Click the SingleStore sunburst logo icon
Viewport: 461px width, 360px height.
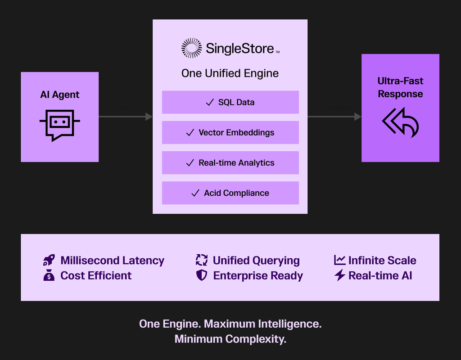pos(191,48)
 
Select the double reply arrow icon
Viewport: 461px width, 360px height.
pos(400,122)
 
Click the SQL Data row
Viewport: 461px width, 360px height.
pos(230,102)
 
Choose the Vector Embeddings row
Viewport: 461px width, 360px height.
pos(230,132)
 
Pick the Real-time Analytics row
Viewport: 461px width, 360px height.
pos(230,162)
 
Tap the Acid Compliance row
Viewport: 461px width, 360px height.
pos(230,193)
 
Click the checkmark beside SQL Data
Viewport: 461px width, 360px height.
pos(209,103)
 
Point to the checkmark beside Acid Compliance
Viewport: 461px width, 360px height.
pos(195,193)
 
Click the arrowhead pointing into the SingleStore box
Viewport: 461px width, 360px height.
pos(149,117)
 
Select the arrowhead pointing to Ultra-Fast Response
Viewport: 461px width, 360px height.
pos(358,117)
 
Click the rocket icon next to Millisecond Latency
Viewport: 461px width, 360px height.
pos(49,260)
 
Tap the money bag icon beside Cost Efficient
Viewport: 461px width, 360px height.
pos(49,275)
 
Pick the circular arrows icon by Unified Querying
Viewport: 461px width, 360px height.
pos(202,260)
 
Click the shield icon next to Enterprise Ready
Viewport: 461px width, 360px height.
pos(202,275)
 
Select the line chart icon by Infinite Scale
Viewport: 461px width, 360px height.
pos(339,260)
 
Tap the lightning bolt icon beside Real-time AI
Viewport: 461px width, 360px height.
pos(340,275)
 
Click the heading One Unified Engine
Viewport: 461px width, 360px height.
pos(230,73)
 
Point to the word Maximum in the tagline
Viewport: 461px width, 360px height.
pos(230,324)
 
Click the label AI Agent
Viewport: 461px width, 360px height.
pos(59,94)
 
